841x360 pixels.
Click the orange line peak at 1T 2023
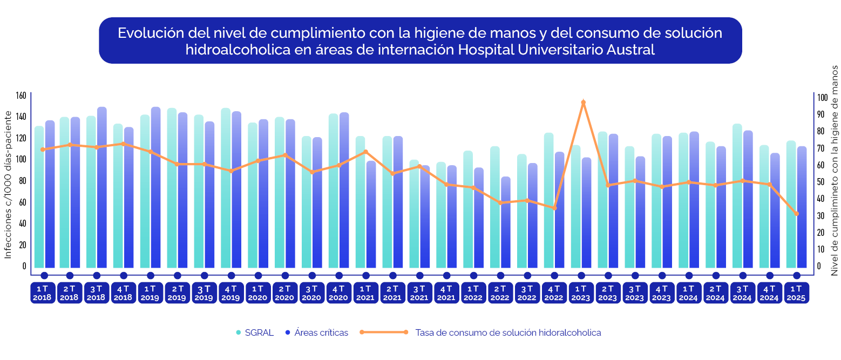(x=583, y=102)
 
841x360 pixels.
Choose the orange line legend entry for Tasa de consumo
(x=507, y=332)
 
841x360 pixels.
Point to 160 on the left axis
(x=21, y=96)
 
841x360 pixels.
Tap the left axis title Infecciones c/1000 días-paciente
(x=8, y=184)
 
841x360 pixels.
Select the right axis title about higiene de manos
(x=834, y=170)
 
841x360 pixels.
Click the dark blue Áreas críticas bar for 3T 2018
(x=101, y=189)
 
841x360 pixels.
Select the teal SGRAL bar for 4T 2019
(x=226, y=189)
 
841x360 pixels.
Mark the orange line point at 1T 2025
(x=796, y=214)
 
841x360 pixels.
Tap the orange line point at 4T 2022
(x=554, y=208)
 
